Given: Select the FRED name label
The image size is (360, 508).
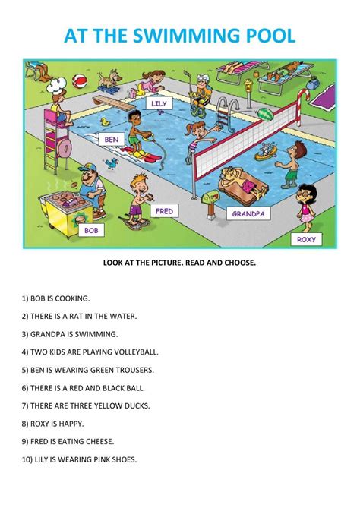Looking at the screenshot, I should click(165, 211).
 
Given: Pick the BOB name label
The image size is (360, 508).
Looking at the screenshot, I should click(91, 230).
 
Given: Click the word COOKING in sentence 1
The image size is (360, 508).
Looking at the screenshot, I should click(71, 298).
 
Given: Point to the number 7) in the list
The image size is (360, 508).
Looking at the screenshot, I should click(25, 405).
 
